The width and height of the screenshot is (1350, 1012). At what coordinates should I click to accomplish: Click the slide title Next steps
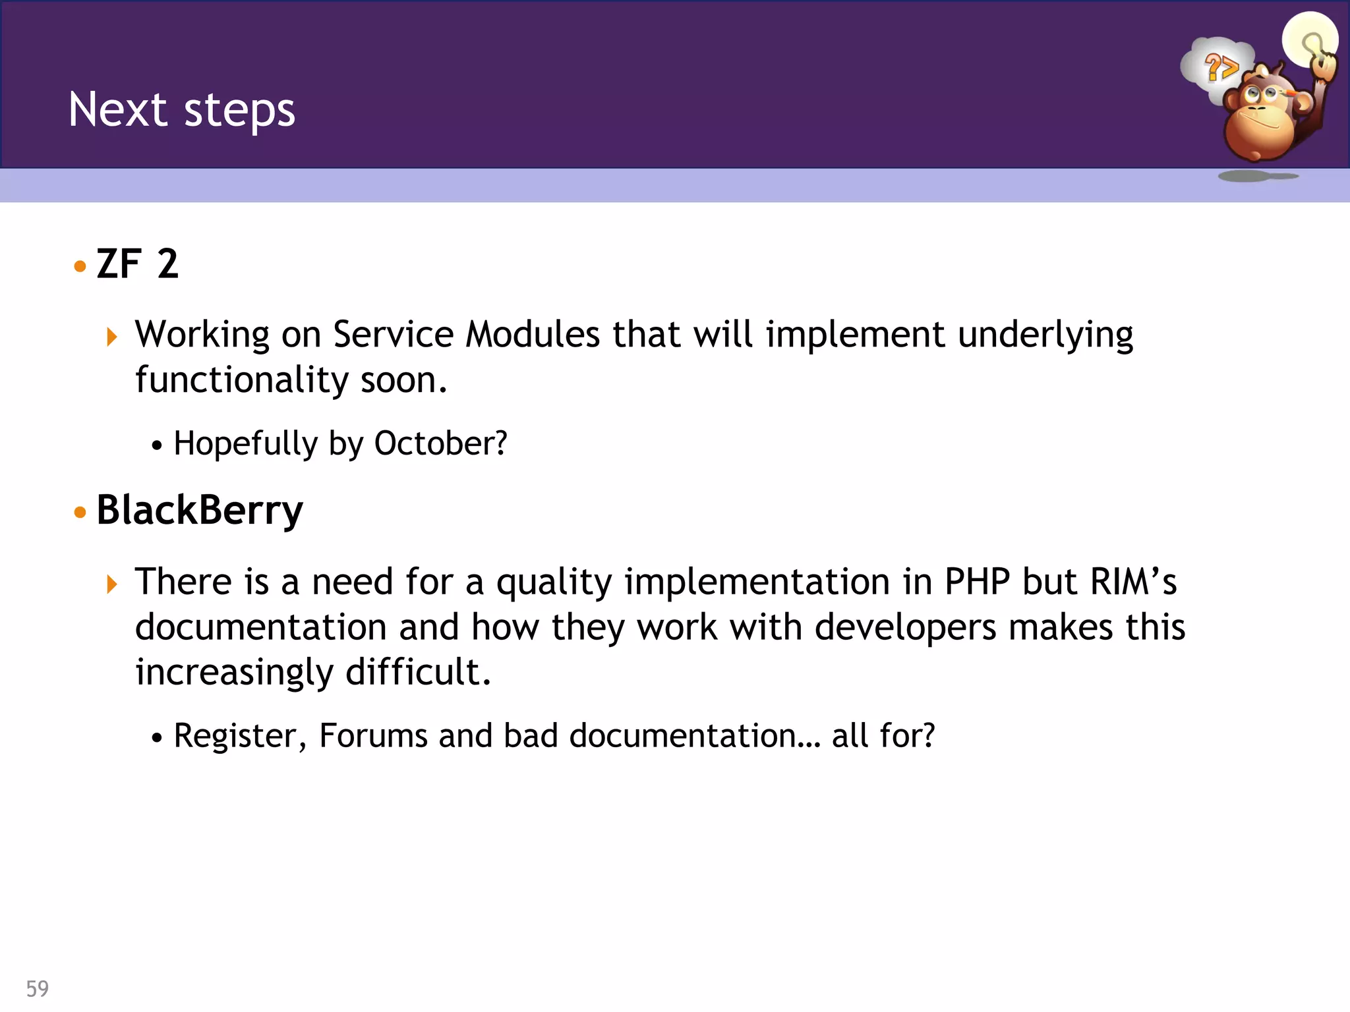182,109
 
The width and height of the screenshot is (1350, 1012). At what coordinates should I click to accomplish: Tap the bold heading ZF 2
137,264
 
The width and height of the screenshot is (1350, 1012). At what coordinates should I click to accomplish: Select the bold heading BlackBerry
200,510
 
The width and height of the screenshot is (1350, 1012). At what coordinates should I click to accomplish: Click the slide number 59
38,988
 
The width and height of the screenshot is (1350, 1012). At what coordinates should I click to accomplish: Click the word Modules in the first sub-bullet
533,334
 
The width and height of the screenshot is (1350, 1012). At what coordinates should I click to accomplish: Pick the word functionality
242,380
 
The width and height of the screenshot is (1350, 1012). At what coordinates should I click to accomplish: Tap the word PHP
977,582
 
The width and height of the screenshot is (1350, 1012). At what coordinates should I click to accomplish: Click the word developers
905,627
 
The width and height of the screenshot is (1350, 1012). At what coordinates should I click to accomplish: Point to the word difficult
418,672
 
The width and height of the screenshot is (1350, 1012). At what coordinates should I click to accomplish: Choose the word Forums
373,735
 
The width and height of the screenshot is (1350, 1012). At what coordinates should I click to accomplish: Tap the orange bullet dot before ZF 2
80,266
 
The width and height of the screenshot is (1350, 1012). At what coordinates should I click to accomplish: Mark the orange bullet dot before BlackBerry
80,513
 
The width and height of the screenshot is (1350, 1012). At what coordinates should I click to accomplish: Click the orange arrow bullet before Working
112,337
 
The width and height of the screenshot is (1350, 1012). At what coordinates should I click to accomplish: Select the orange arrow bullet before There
112,584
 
